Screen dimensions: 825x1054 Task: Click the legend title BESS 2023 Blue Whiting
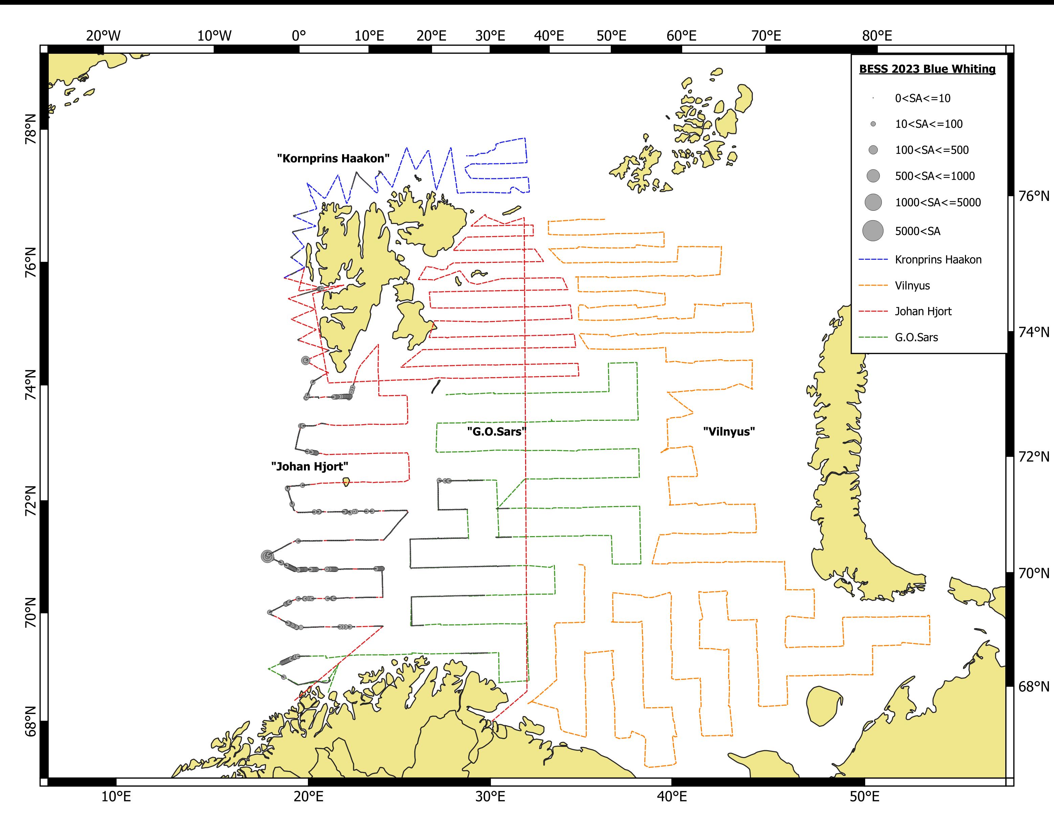(927, 69)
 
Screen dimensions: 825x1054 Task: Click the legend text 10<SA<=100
(928, 124)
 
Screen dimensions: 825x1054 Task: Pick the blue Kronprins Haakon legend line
(873, 260)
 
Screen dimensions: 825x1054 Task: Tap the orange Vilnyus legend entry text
(912, 285)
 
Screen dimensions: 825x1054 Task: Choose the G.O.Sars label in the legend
(916, 337)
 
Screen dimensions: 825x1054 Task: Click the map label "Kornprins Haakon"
(333, 158)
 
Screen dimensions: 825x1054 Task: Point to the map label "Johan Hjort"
(310, 466)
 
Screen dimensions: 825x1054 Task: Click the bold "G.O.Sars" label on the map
(496, 431)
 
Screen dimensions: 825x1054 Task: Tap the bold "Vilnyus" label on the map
(729, 431)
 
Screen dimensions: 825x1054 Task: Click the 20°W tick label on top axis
(104, 36)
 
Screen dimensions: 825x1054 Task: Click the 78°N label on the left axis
(30, 130)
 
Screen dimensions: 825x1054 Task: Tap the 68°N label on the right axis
(1034, 686)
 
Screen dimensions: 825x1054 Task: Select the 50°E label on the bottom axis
(865, 797)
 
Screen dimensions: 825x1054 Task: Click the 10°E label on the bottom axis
(116, 797)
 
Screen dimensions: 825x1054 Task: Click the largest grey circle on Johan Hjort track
(267, 556)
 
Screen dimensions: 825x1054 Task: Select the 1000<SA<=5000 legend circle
(873, 202)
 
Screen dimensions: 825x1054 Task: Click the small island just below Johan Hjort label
(346, 482)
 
